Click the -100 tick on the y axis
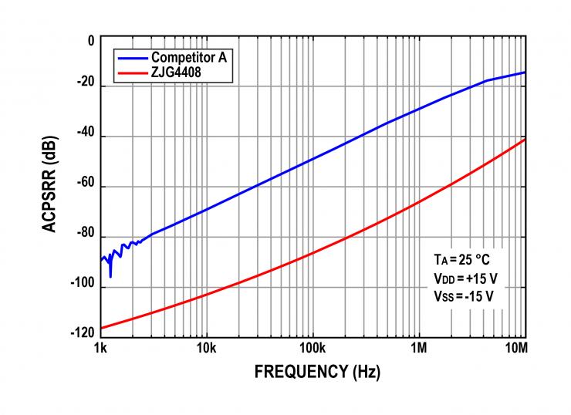tap(83, 285)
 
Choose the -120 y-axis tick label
tap(83, 333)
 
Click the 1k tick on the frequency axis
tap(100, 348)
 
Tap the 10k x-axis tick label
tap(206, 348)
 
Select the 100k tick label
tap(312, 348)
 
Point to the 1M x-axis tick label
tap(419, 348)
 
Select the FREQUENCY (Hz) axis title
tap(317, 372)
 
